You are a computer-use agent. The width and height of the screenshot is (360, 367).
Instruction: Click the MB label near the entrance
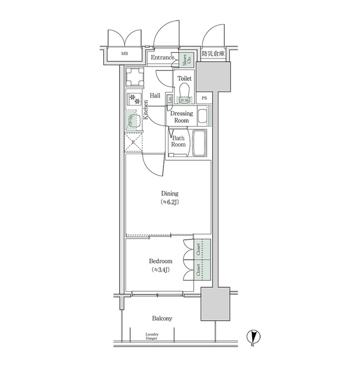[124, 55]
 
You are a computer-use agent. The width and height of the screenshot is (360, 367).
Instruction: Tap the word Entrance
[162, 57]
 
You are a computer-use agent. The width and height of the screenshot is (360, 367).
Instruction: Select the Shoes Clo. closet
[185, 59]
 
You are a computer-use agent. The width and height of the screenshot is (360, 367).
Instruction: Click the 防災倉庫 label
[213, 54]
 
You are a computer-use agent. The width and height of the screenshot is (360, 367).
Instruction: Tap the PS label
[205, 98]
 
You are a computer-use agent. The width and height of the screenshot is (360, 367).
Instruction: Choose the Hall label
[155, 95]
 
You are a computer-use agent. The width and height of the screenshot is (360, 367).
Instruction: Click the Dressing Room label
[181, 117]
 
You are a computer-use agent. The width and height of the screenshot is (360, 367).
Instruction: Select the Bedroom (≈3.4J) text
[159, 265]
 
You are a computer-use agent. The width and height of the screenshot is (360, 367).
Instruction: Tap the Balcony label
[162, 318]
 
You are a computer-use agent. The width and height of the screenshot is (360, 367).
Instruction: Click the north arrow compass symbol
[251, 337]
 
